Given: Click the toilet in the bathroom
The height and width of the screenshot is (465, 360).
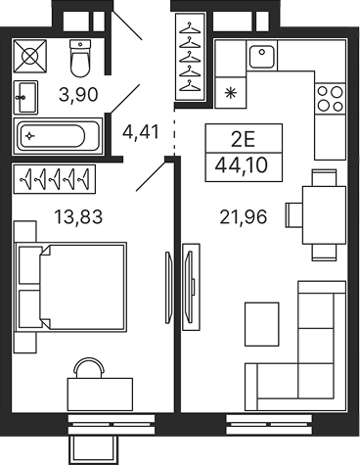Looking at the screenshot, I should pyautogui.click(x=82, y=59).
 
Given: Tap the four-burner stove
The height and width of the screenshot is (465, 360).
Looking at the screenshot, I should pyautogui.click(x=330, y=97).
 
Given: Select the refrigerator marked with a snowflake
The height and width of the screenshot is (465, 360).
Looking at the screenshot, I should pyautogui.click(x=230, y=93).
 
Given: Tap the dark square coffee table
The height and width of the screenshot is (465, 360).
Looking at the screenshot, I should pyautogui.click(x=262, y=320).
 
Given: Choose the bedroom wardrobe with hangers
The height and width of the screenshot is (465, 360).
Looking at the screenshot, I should pyautogui.click(x=55, y=181).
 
